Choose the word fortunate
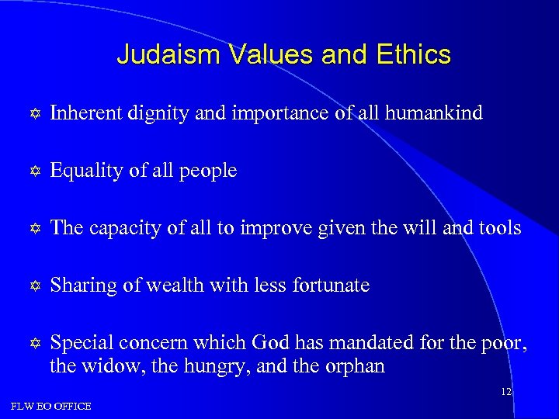(x=331, y=286)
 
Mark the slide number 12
(x=505, y=393)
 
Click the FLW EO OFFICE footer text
(x=51, y=406)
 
